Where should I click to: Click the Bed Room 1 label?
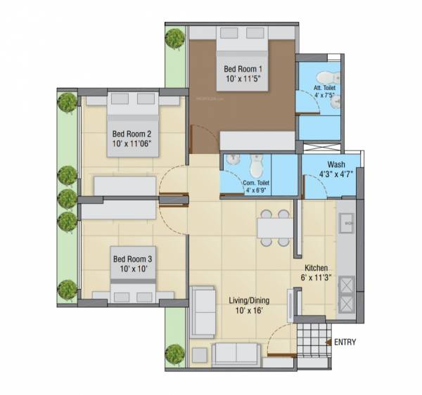(243, 69)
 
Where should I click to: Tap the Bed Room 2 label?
(132, 134)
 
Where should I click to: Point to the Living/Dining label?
(249, 301)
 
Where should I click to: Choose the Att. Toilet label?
(324, 88)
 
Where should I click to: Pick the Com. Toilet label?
(254, 182)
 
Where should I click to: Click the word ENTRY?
(345, 343)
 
